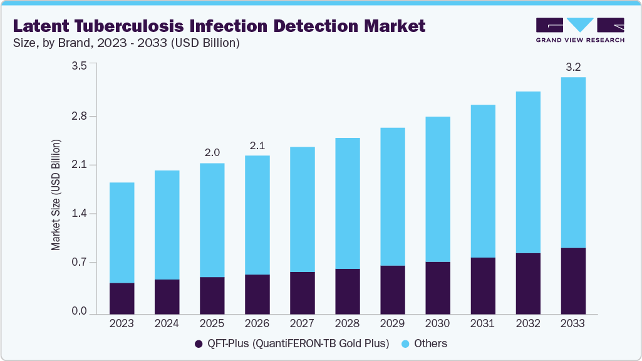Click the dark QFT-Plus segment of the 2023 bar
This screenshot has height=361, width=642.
point(122,298)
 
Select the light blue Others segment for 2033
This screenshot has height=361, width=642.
point(572,163)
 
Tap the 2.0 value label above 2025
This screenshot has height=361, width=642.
point(212,152)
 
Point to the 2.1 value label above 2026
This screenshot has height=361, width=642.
point(257,145)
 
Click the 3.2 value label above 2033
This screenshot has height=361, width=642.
point(572,66)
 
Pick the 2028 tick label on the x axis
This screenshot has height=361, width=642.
point(347,323)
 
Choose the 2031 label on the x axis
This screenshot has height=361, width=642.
point(482,323)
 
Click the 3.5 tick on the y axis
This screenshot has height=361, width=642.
point(80,65)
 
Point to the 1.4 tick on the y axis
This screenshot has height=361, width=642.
point(80,214)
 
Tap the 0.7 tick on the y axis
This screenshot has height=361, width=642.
point(80,263)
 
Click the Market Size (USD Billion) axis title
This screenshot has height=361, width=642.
point(56,196)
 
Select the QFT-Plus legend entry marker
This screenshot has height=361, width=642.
point(199,343)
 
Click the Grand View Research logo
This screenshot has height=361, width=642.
point(579,29)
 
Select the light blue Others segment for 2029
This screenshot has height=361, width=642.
point(392,196)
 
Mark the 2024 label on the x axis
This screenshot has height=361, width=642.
point(167,323)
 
